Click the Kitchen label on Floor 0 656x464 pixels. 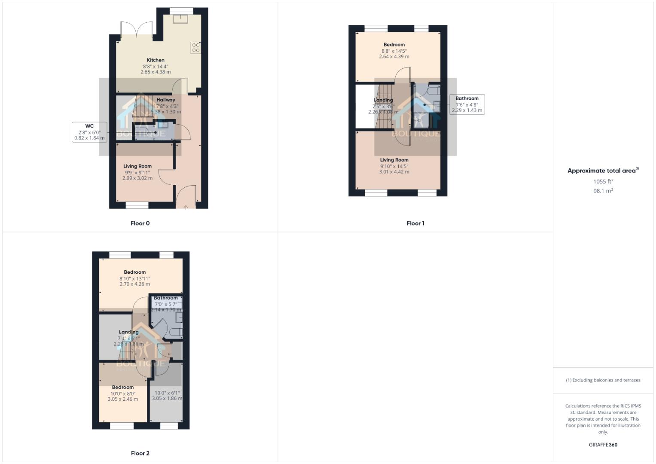click(156, 60)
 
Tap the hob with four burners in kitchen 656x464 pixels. click(196, 47)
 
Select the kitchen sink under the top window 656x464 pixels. click(181, 18)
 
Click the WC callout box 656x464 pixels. click(89, 132)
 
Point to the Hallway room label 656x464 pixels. click(166, 100)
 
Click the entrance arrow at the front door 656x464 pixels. click(186, 208)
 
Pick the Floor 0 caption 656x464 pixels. click(140, 223)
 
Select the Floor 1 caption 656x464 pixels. click(415, 223)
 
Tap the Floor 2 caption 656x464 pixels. click(140, 453)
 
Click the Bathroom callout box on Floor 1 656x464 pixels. click(467, 104)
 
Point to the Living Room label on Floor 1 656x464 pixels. click(394, 160)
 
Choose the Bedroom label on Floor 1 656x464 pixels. click(394, 45)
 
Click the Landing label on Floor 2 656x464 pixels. click(129, 332)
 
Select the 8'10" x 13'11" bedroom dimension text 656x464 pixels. click(135, 278)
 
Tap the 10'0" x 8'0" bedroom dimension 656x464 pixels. click(123, 393)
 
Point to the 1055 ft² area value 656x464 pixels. click(603, 181)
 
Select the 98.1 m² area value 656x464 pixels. click(603, 191)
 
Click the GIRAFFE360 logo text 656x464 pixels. click(603, 445)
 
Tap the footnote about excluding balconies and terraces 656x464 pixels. click(603, 380)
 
